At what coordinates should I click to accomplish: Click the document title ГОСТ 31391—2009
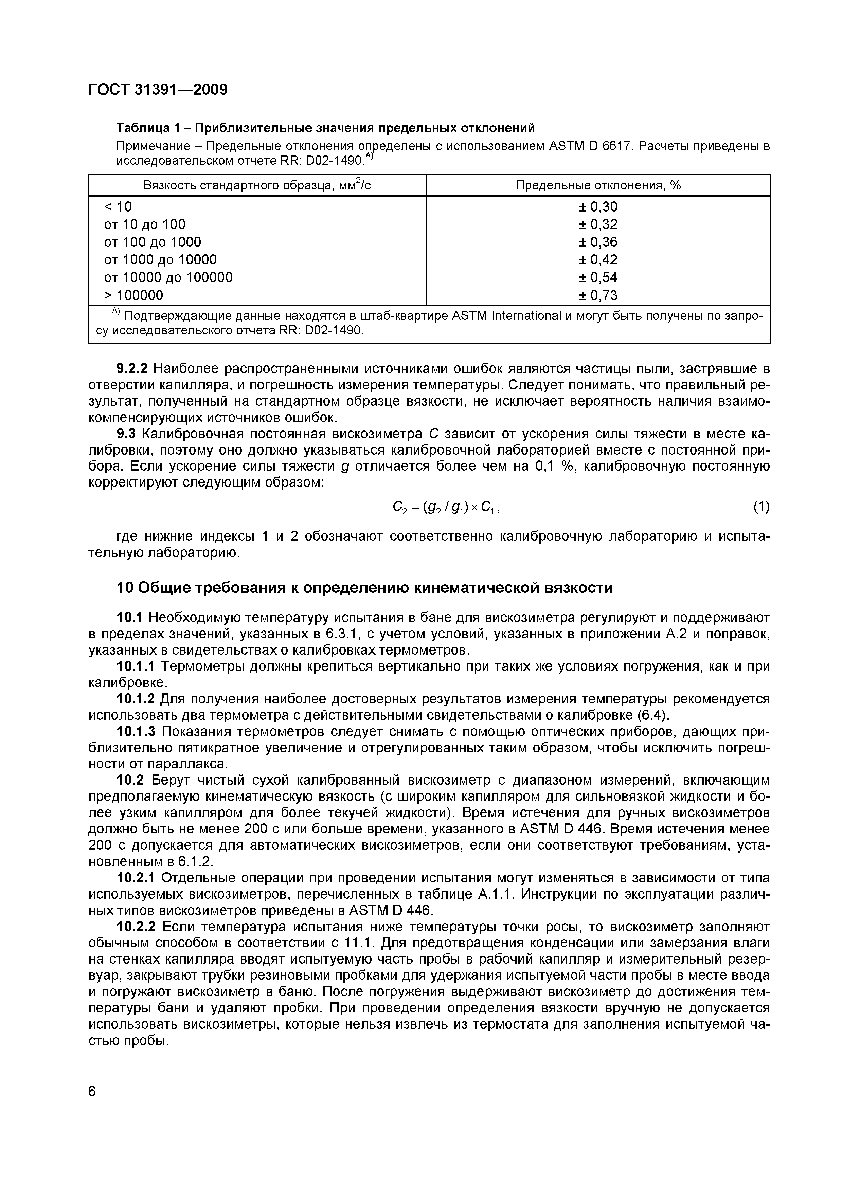(158, 90)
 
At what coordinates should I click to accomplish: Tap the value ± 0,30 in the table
(598, 207)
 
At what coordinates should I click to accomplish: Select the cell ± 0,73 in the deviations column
(598, 295)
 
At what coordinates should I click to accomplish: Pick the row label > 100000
(133, 295)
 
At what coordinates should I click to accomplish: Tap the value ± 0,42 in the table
(598, 260)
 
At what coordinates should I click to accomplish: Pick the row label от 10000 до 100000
(168, 277)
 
